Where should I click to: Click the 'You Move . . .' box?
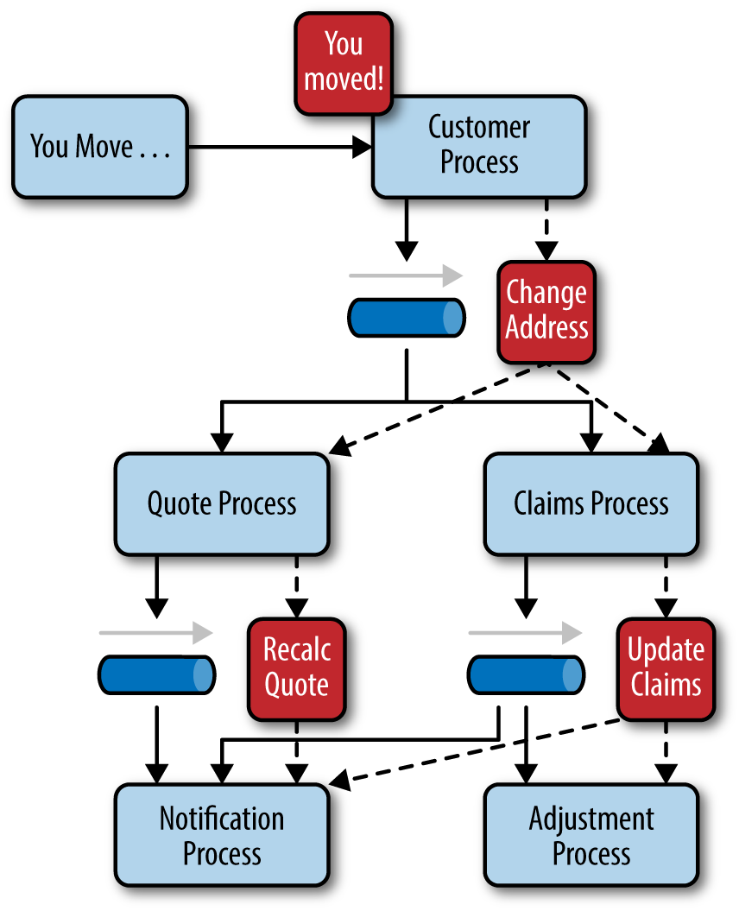pyautogui.click(x=99, y=147)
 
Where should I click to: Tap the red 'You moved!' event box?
pyautogui.click(x=343, y=62)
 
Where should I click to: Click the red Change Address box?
pyautogui.click(x=546, y=312)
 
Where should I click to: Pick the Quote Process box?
pyautogui.click(x=222, y=503)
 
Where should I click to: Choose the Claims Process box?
pyautogui.click(x=591, y=503)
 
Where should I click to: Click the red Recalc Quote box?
pyautogui.click(x=296, y=668)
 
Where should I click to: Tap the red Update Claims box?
pyautogui.click(x=666, y=668)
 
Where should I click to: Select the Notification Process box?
pyautogui.click(x=222, y=835)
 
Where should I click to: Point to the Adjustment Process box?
pyautogui.click(x=591, y=835)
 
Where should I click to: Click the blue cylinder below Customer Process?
pyautogui.click(x=407, y=318)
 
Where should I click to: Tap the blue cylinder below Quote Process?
pyautogui.click(x=156, y=675)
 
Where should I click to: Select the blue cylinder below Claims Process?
pyautogui.click(x=526, y=675)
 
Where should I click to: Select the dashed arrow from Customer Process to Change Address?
pyautogui.click(x=546, y=229)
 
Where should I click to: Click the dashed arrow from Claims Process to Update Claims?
pyautogui.click(x=666, y=587)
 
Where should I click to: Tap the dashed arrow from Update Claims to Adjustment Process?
pyautogui.click(x=666, y=752)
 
